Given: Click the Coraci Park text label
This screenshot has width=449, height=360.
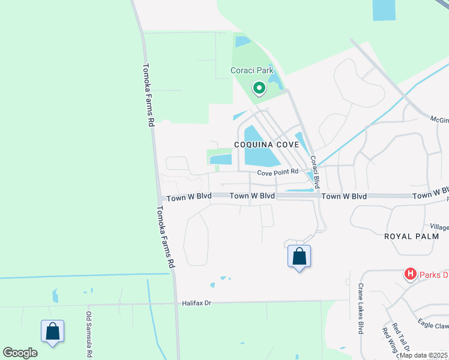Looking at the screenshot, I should pyautogui.click(x=252, y=71).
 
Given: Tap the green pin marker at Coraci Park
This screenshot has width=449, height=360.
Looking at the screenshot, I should pyautogui.click(x=259, y=89).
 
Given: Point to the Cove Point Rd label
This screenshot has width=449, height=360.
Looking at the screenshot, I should pyautogui.click(x=278, y=173).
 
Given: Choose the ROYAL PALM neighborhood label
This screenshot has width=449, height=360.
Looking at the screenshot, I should pyautogui.click(x=415, y=236).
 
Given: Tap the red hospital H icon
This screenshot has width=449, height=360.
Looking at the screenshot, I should pyautogui.click(x=411, y=274).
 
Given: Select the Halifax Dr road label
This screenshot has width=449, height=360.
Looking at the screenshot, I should pyautogui.click(x=197, y=304).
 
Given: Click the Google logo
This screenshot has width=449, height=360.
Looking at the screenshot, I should pyautogui.click(x=20, y=353).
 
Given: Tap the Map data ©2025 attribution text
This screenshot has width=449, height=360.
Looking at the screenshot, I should pyautogui.click(x=424, y=355).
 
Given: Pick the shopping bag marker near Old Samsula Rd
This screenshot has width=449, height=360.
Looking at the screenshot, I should pyautogui.click(x=52, y=331).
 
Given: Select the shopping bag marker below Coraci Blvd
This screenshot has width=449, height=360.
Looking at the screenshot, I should pyautogui.click(x=299, y=257).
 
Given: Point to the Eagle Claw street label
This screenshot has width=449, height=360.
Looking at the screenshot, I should pyautogui.click(x=433, y=325).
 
